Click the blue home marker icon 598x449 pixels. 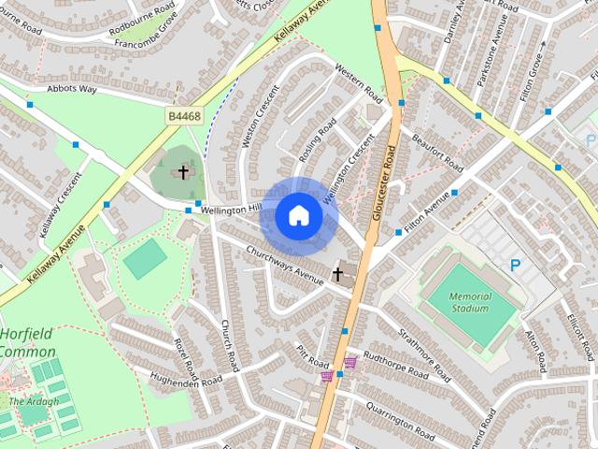(298, 215)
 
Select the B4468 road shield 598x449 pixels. (183, 115)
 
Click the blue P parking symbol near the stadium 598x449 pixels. (515, 267)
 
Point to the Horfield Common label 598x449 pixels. (27, 343)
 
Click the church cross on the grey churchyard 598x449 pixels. (183, 172)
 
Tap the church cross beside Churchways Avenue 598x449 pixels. (337, 274)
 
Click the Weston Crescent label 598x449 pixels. (261, 116)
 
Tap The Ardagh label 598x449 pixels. (34, 401)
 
